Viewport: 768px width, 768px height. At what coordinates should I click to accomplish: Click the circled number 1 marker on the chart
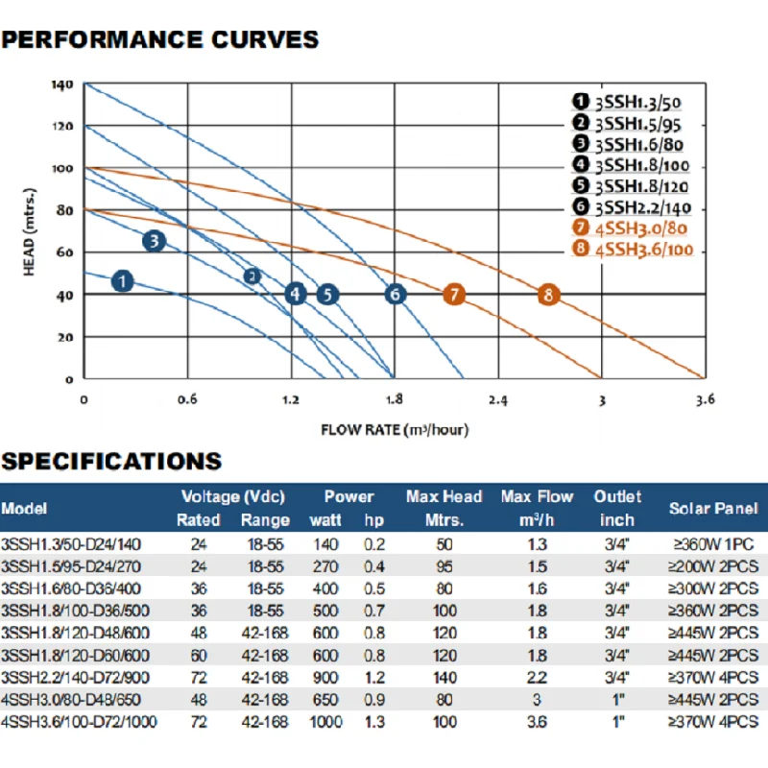pyautogui.click(x=122, y=281)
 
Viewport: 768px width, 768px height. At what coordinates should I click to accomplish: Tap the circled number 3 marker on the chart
pyautogui.click(x=155, y=241)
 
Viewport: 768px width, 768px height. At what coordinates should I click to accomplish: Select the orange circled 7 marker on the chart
pyautogui.click(x=454, y=295)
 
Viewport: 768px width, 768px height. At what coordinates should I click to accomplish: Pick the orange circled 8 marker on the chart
pyautogui.click(x=548, y=295)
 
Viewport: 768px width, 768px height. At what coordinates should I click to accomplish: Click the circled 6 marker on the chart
pyautogui.click(x=395, y=295)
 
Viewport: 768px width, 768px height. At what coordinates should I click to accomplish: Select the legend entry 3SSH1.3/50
pyautogui.click(x=650, y=101)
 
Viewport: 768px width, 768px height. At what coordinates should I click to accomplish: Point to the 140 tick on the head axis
pyautogui.click(x=62, y=84)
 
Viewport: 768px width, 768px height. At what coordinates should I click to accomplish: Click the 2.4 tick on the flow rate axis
pyautogui.click(x=498, y=399)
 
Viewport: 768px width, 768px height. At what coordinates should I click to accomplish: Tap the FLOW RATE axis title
pyautogui.click(x=395, y=429)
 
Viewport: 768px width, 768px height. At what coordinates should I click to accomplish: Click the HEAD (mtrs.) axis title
pyautogui.click(x=32, y=231)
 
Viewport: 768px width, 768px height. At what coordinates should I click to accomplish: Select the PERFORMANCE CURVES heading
pyautogui.click(x=160, y=40)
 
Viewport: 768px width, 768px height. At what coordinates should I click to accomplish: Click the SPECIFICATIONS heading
pyautogui.click(x=111, y=461)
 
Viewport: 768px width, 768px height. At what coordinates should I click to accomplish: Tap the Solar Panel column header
pyautogui.click(x=713, y=509)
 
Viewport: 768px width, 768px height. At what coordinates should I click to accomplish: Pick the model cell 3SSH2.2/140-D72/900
pyautogui.click(x=76, y=678)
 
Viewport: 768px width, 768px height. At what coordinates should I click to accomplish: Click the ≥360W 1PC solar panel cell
pyautogui.click(x=713, y=543)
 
